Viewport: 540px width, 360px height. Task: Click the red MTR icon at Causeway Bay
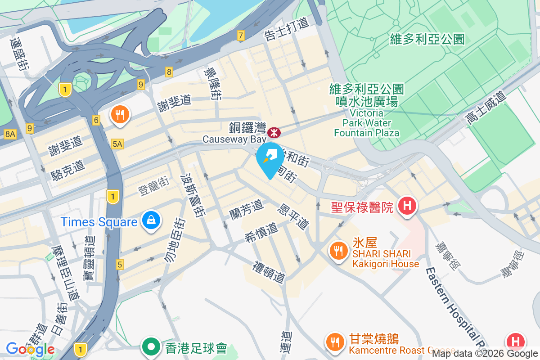[274, 133]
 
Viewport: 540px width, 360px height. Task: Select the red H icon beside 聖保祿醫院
[407, 206]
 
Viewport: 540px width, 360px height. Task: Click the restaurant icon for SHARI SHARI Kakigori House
[337, 250]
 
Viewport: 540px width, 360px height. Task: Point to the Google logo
[30, 349]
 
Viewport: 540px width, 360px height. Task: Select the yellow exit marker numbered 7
[241, 36]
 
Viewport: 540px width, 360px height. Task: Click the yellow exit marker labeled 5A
[117, 144]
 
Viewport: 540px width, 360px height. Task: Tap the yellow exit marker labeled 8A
[10, 134]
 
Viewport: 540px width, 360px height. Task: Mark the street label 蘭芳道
[246, 209]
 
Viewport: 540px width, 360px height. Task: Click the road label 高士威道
[486, 108]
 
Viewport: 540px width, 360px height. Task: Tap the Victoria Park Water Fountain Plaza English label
[366, 122]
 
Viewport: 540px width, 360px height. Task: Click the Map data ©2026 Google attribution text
[485, 354]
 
